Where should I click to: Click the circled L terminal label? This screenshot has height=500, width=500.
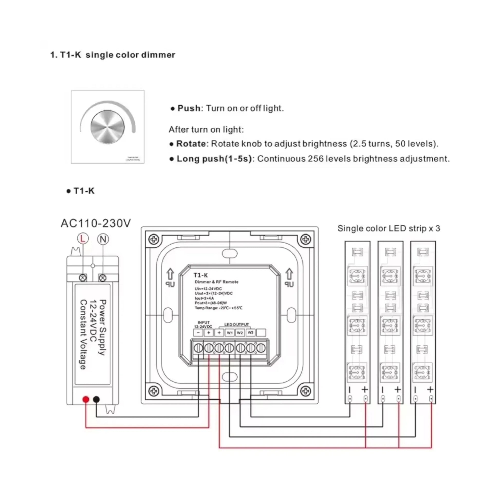coord(82,239)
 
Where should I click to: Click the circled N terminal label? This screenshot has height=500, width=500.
coord(103,239)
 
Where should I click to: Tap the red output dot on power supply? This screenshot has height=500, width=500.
coord(86,399)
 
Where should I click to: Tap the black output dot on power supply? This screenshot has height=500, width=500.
coord(96,399)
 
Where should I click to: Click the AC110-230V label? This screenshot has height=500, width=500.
coord(96,223)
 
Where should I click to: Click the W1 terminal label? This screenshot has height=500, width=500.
coord(229,333)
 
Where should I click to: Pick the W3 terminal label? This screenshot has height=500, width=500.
coord(250,332)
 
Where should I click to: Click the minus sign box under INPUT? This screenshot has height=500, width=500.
coord(198,333)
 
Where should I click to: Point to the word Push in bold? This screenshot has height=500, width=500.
coord(189,108)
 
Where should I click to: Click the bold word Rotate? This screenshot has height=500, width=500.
coord(191,144)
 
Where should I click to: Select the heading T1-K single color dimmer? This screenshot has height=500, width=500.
coord(113,55)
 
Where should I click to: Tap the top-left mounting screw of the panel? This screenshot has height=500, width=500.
coord(154,239)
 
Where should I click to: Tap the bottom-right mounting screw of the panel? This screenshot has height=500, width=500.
coord(306,391)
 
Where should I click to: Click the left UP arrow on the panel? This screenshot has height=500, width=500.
coord(170,275)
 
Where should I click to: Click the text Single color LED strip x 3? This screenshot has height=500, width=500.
coord(388,228)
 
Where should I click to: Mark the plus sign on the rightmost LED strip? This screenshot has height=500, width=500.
coord(430,389)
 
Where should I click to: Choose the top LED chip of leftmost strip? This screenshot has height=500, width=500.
coord(357,276)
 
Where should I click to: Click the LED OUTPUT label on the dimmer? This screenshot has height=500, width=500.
coord(236,325)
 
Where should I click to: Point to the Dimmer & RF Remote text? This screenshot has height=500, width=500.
coord(216,282)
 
